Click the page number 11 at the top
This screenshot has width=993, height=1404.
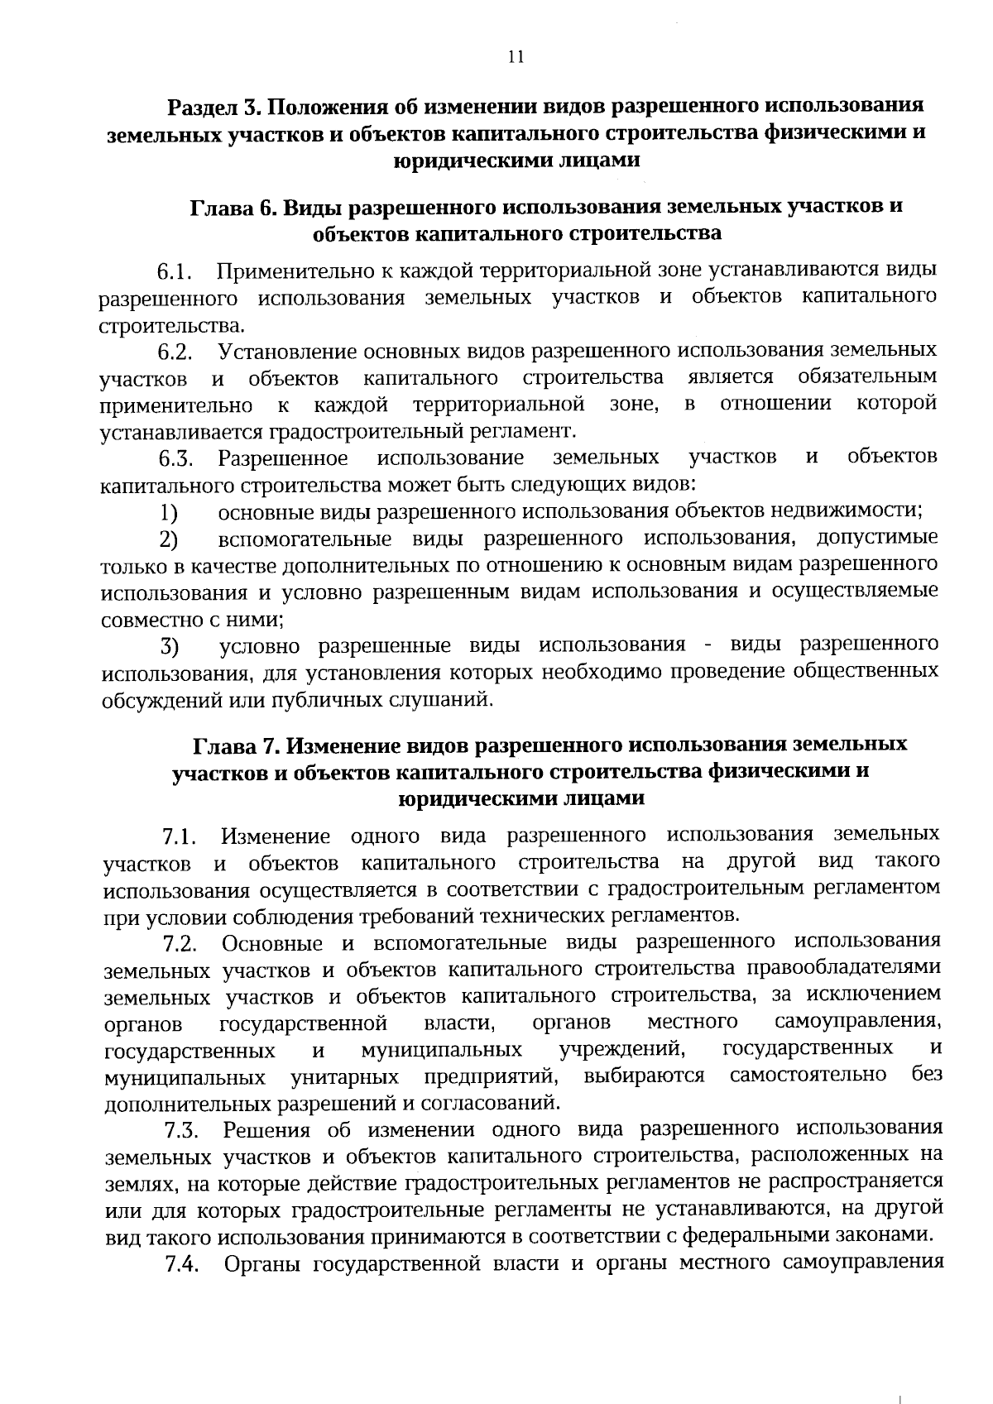tap(515, 56)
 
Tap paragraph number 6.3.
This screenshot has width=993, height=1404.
tap(176, 458)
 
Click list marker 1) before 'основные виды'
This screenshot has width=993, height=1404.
tap(169, 512)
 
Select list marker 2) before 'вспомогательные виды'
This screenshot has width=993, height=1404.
tap(169, 539)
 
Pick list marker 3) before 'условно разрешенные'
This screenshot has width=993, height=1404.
tap(170, 645)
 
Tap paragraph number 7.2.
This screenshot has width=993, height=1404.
tap(180, 943)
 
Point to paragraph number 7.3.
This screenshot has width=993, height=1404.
tap(181, 1130)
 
